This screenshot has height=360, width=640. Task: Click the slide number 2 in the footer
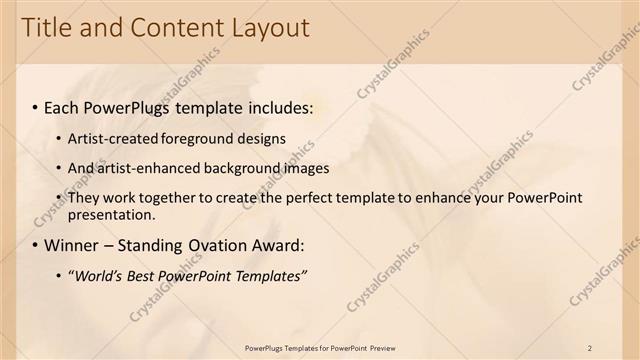(590, 347)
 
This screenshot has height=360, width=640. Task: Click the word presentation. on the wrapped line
(112, 214)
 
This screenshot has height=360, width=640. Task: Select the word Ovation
(222, 245)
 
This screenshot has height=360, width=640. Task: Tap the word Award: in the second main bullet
(281, 245)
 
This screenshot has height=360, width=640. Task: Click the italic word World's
(101, 275)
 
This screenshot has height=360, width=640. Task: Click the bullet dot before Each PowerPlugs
(35, 107)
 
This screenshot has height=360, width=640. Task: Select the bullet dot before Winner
(35, 245)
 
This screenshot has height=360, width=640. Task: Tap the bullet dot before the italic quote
(58, 275)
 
